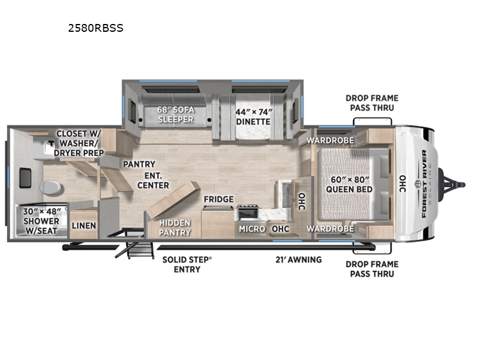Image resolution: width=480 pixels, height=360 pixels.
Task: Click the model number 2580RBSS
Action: [x=95, y=28]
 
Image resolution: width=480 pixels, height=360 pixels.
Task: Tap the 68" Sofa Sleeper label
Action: [x=176, y=115]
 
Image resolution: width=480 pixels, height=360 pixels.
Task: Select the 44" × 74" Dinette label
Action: [x=253, y=116]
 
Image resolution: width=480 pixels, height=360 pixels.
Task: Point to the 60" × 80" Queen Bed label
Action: [x=349, y=184]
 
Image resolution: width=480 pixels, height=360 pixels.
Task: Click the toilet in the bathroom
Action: [x=51, y=187]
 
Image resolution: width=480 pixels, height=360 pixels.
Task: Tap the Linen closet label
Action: [x=84, y=226]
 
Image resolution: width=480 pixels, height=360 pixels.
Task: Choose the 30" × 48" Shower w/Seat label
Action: [x=41, y=221]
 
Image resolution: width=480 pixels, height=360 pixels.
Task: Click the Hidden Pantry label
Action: [x=175, y=227]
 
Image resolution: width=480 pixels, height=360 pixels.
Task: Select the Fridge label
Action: [x=218, y=199]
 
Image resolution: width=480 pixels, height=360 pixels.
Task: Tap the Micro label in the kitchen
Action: [x=252, y=229]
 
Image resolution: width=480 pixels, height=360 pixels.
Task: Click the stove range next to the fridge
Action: [x=248, y=213]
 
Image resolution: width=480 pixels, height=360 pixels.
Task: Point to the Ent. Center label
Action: [x=153, y=181]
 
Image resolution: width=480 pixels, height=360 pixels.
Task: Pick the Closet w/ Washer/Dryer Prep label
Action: [x=79, y=143]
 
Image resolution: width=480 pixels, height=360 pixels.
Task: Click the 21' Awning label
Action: [x=299, y=260]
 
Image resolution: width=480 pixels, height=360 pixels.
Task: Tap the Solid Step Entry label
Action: [x=187, y=265]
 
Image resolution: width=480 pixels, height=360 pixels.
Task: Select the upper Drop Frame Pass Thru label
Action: [x=372, y=103]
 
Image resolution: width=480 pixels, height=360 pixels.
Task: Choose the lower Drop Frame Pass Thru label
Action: [x=372, y=269]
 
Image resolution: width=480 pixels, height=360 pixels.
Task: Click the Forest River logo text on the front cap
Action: [x=424, y=184]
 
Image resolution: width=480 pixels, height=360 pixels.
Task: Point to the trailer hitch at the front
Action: [x=452, y=185]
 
